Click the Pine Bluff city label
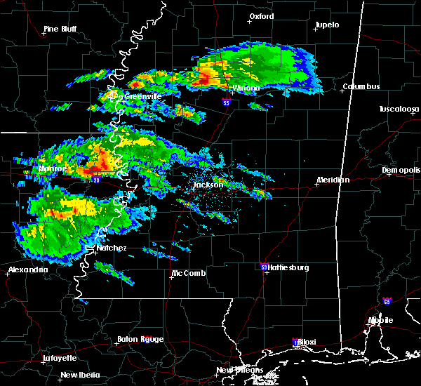[59, 29]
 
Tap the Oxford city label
[262, 16]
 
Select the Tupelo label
[326, 25]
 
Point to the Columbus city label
[361, 87]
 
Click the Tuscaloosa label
[399, 109]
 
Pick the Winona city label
[246, 88]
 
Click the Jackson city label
[208, 185]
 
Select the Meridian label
[333, 180]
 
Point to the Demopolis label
[401, 171]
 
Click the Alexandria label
[28, 269]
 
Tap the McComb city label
[189, 273]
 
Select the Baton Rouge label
[140, 340]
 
